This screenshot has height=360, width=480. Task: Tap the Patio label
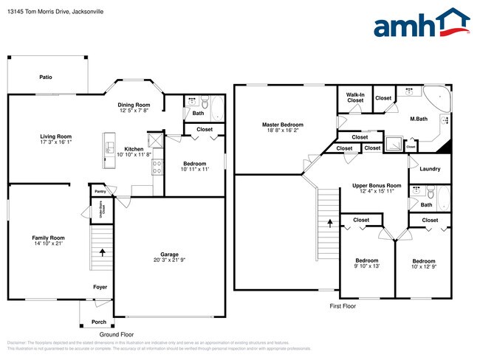tap(46, 77)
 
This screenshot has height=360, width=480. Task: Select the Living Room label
tap(55, 136)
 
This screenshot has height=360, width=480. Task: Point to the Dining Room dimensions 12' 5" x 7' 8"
tap(134, 111)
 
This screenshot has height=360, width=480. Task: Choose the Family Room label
tap(48, 238)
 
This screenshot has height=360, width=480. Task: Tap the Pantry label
tap(99, 191)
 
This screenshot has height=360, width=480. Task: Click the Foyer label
tap(100, 287)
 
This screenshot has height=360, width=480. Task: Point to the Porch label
tap(98, 322)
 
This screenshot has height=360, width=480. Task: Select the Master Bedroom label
tap(283, 125)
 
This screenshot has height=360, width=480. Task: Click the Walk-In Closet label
tap(355, 97)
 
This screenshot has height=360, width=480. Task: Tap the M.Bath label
tap(419, 118)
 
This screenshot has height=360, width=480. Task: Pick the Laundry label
tap(430, 170)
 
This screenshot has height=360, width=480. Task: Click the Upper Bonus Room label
tap(376, 185)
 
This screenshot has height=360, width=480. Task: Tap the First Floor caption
tap(343, 305)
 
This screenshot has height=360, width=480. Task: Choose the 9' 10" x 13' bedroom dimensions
tap(367, 267)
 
